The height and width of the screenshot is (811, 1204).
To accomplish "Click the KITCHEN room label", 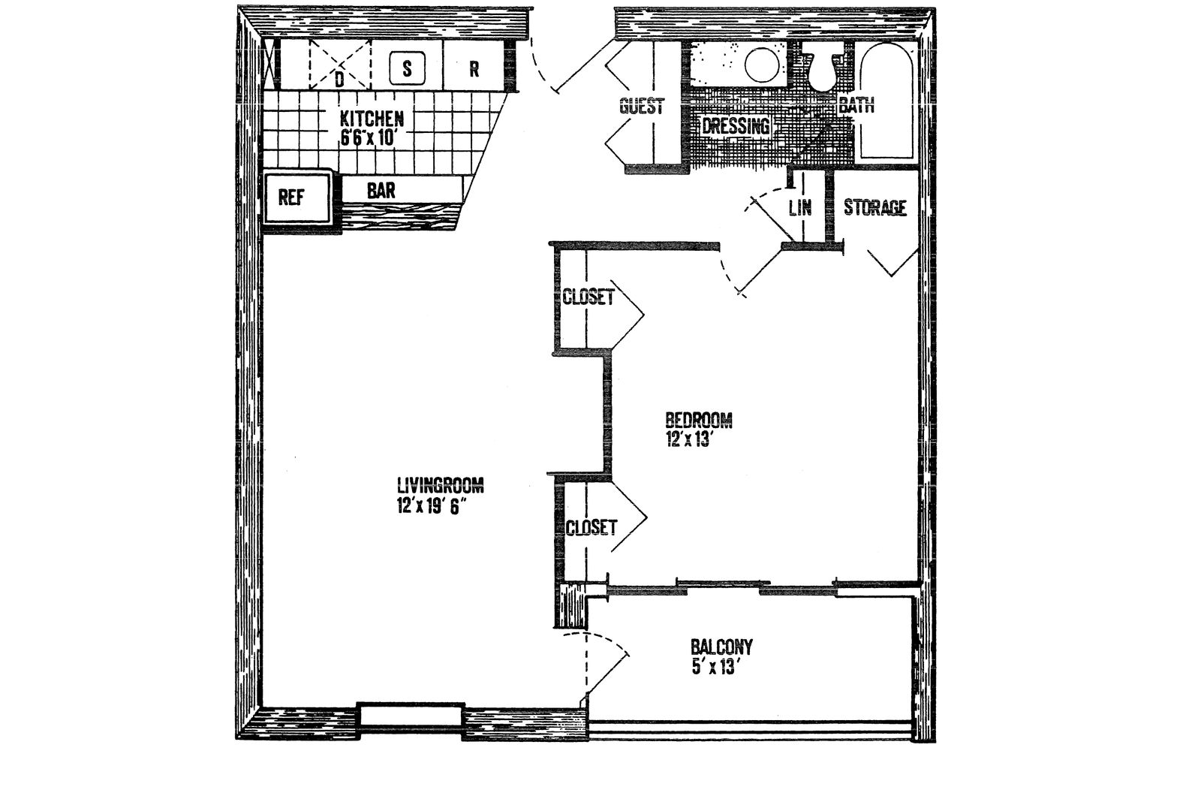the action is [x=372, y=119].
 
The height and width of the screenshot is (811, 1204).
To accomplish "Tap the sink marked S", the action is [x=407, y=69].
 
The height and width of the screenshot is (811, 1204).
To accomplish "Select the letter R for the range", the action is [x=474, y=69].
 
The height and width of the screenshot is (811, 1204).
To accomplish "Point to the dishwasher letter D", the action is [x=339, y=80].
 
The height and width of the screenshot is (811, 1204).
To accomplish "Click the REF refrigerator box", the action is [x=296, y=197].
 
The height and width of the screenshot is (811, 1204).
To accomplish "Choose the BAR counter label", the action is [x=381, y=190].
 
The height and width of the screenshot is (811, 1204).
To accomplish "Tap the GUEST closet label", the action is [x=642, y=106].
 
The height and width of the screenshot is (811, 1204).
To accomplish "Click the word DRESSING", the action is [x=736, y=126].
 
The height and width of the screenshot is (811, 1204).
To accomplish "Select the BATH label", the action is [x=856, y=105].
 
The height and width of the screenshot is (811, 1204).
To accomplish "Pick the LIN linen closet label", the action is [x=800, y=207].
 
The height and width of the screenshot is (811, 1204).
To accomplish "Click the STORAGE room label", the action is [x=875, y=207].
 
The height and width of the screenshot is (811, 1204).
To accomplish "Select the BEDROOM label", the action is [x=699, y=420].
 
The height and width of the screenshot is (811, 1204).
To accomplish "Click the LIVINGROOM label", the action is [x=440, y=486].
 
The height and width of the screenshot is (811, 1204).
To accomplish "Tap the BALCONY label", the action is [x=721, y=646].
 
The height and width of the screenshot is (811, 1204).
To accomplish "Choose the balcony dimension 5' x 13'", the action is [x=713, y=668].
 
